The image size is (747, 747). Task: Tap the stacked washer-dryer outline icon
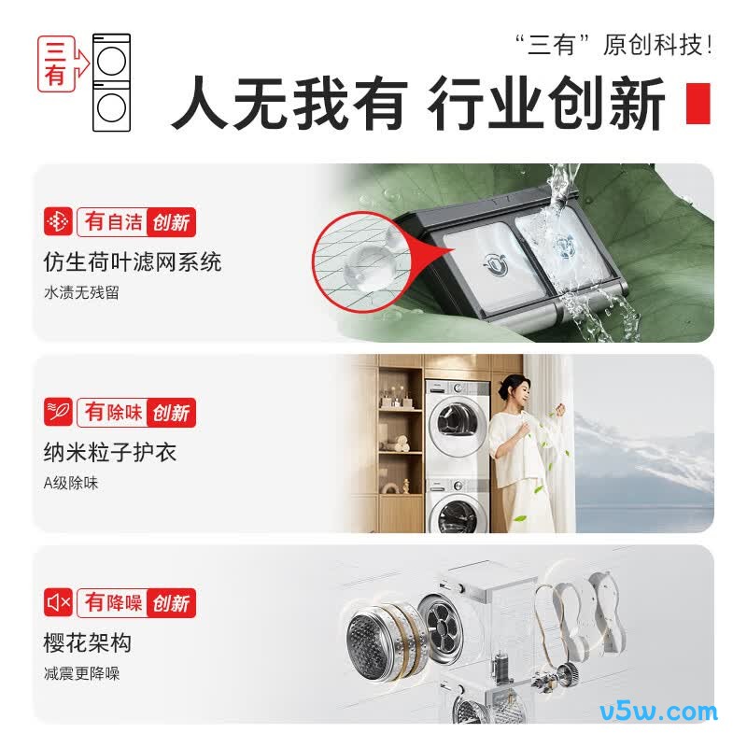[111, 82]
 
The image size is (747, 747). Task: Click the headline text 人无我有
[289, 103]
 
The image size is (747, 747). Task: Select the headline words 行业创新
[546, 103]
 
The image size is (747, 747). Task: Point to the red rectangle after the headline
[698, 104]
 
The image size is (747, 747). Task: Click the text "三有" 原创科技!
[613, 45]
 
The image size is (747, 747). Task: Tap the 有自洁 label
[113, 222]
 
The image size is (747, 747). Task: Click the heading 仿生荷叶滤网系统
[133, 262]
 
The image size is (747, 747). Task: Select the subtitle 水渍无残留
[81, 292]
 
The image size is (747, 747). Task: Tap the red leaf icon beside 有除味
[58, 412]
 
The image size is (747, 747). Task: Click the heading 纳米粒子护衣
[110, 452]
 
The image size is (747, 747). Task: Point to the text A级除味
[71, 483]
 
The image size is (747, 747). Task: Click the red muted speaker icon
[58, 602]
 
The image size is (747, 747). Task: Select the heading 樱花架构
[88, 642]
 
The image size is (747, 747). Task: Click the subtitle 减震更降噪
[81, 673]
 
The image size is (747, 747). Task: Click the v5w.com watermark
[658, 712]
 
